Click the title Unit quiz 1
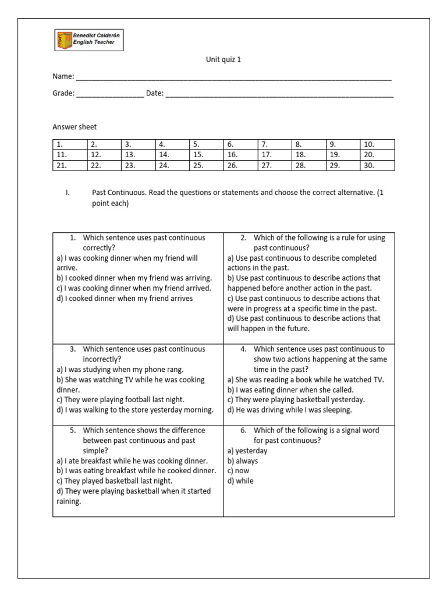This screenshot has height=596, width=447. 223,59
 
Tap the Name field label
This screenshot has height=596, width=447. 63,77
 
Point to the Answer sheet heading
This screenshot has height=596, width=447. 74,126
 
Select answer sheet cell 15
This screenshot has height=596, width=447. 206,155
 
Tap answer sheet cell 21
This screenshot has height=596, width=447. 69,165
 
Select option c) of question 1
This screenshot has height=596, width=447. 133,288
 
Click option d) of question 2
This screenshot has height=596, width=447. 303,323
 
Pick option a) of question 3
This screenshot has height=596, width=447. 119,369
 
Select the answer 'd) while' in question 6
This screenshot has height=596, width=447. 240,481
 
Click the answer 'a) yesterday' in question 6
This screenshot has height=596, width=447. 247,450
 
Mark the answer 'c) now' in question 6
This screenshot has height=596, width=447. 238,471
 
